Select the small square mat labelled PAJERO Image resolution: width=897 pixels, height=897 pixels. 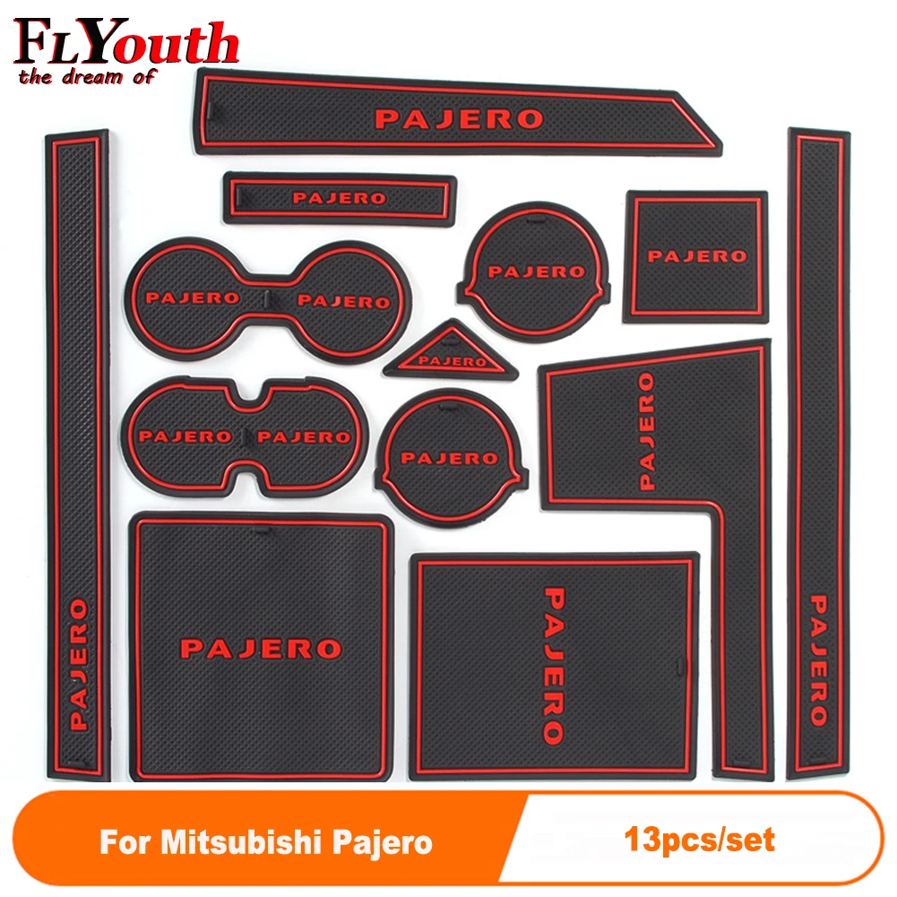coord(696,255)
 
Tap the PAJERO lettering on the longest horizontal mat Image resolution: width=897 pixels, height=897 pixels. coord(459,118)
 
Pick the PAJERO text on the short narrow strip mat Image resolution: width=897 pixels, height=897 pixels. coord(339,198)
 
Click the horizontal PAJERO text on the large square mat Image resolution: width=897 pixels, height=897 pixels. coord(261,647)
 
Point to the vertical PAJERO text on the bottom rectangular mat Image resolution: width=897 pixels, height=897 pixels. coord(554,664)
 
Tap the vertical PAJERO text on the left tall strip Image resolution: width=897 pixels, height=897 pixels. coord(79,664)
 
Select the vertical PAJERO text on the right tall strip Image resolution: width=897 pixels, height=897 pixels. coord(817,659)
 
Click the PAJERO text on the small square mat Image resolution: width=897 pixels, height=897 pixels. coord(696,256)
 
